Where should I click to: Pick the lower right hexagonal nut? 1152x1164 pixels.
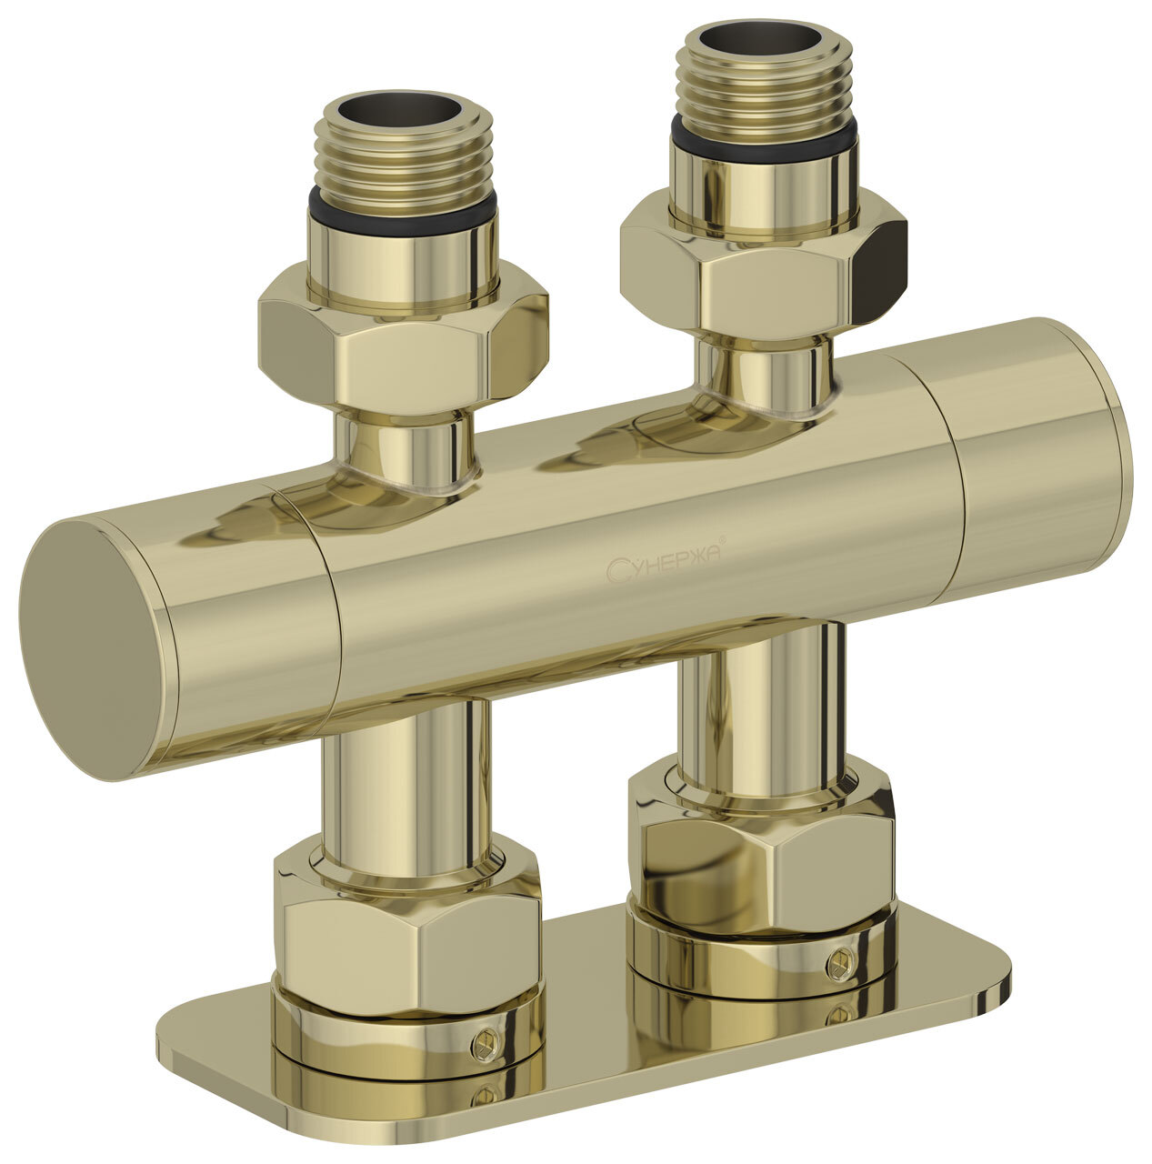coord(761,846)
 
